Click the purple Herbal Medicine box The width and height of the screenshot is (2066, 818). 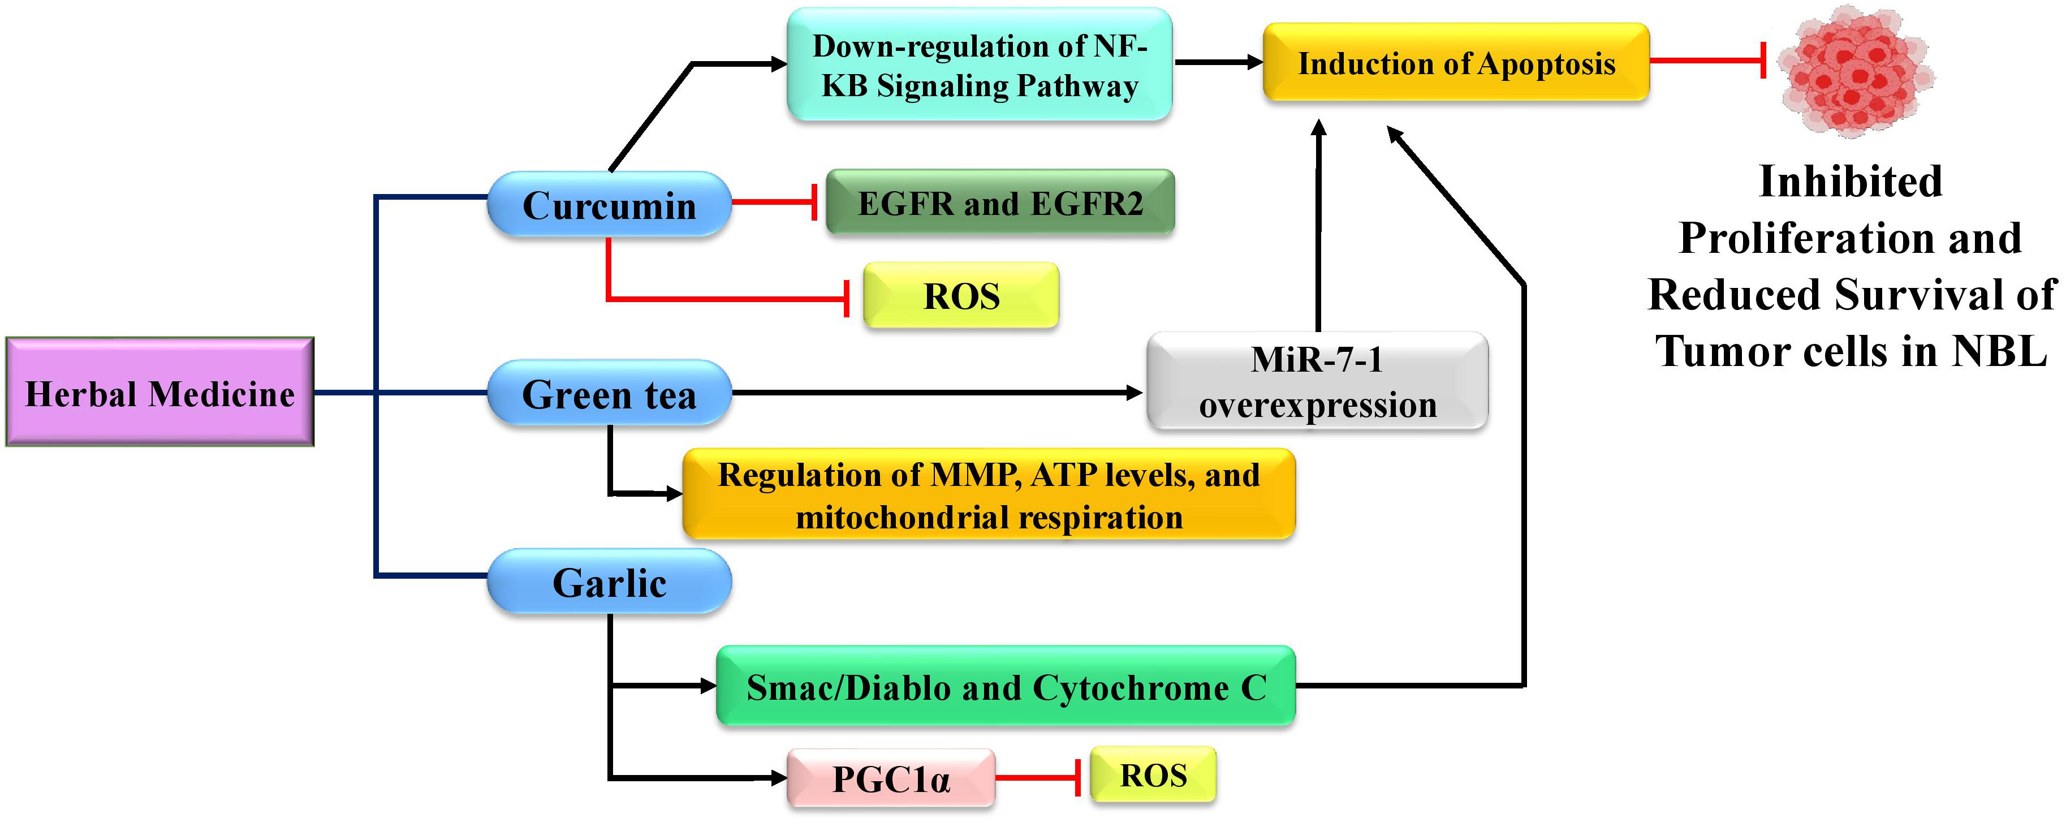coord(159,392)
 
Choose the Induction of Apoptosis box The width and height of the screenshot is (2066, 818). coord(1456,63)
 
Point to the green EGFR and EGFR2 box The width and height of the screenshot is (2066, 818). coord(999,203)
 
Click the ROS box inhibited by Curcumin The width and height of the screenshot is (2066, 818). coord(961,296)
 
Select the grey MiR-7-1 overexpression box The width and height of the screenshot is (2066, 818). coord(1317,382)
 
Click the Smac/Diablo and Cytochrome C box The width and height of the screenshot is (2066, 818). coord(1006,687)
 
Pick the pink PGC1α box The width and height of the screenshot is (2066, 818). coord(890,778)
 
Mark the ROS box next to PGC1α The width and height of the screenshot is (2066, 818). coord(1153,774)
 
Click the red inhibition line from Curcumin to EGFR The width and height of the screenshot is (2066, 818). coord(774,202)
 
